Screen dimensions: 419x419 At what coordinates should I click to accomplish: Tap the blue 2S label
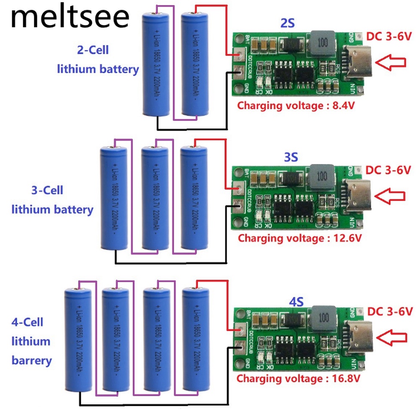pyautogui.click(x=287, y=24)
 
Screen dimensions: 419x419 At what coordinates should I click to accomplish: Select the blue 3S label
pyautogui.click(x=290, y=158)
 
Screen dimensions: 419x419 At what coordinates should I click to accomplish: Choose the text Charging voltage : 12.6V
pyautogui.click(x=300, y=238)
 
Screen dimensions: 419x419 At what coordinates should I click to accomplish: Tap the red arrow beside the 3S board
pyautogui.click(x=390, y=196)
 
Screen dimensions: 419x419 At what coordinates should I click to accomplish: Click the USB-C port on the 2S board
pyautogui.click(x=355, y=63)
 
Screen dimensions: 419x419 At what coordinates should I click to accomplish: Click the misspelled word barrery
pyautogui.click(x=32, y=360)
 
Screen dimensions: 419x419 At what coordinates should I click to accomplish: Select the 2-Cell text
pyautogui.click(x=93, y=50)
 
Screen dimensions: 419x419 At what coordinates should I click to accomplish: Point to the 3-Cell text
pyautogui.click(x=47, y=190)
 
